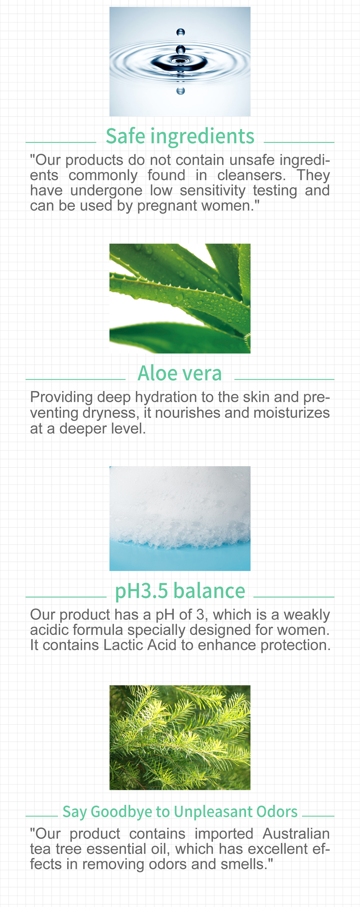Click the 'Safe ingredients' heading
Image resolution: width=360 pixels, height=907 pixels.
point(180,136)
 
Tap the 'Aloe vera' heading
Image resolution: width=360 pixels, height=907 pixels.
point(179,373)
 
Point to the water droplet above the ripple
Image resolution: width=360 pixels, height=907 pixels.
point(181,32)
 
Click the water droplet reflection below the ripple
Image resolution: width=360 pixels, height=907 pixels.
point(181,91)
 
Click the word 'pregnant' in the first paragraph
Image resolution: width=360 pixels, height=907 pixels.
point(167,206)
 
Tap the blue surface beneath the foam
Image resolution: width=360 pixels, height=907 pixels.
point(180,560)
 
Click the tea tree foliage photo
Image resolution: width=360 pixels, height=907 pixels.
point(180,737)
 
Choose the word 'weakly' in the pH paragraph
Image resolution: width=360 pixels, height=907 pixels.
point(307,615)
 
